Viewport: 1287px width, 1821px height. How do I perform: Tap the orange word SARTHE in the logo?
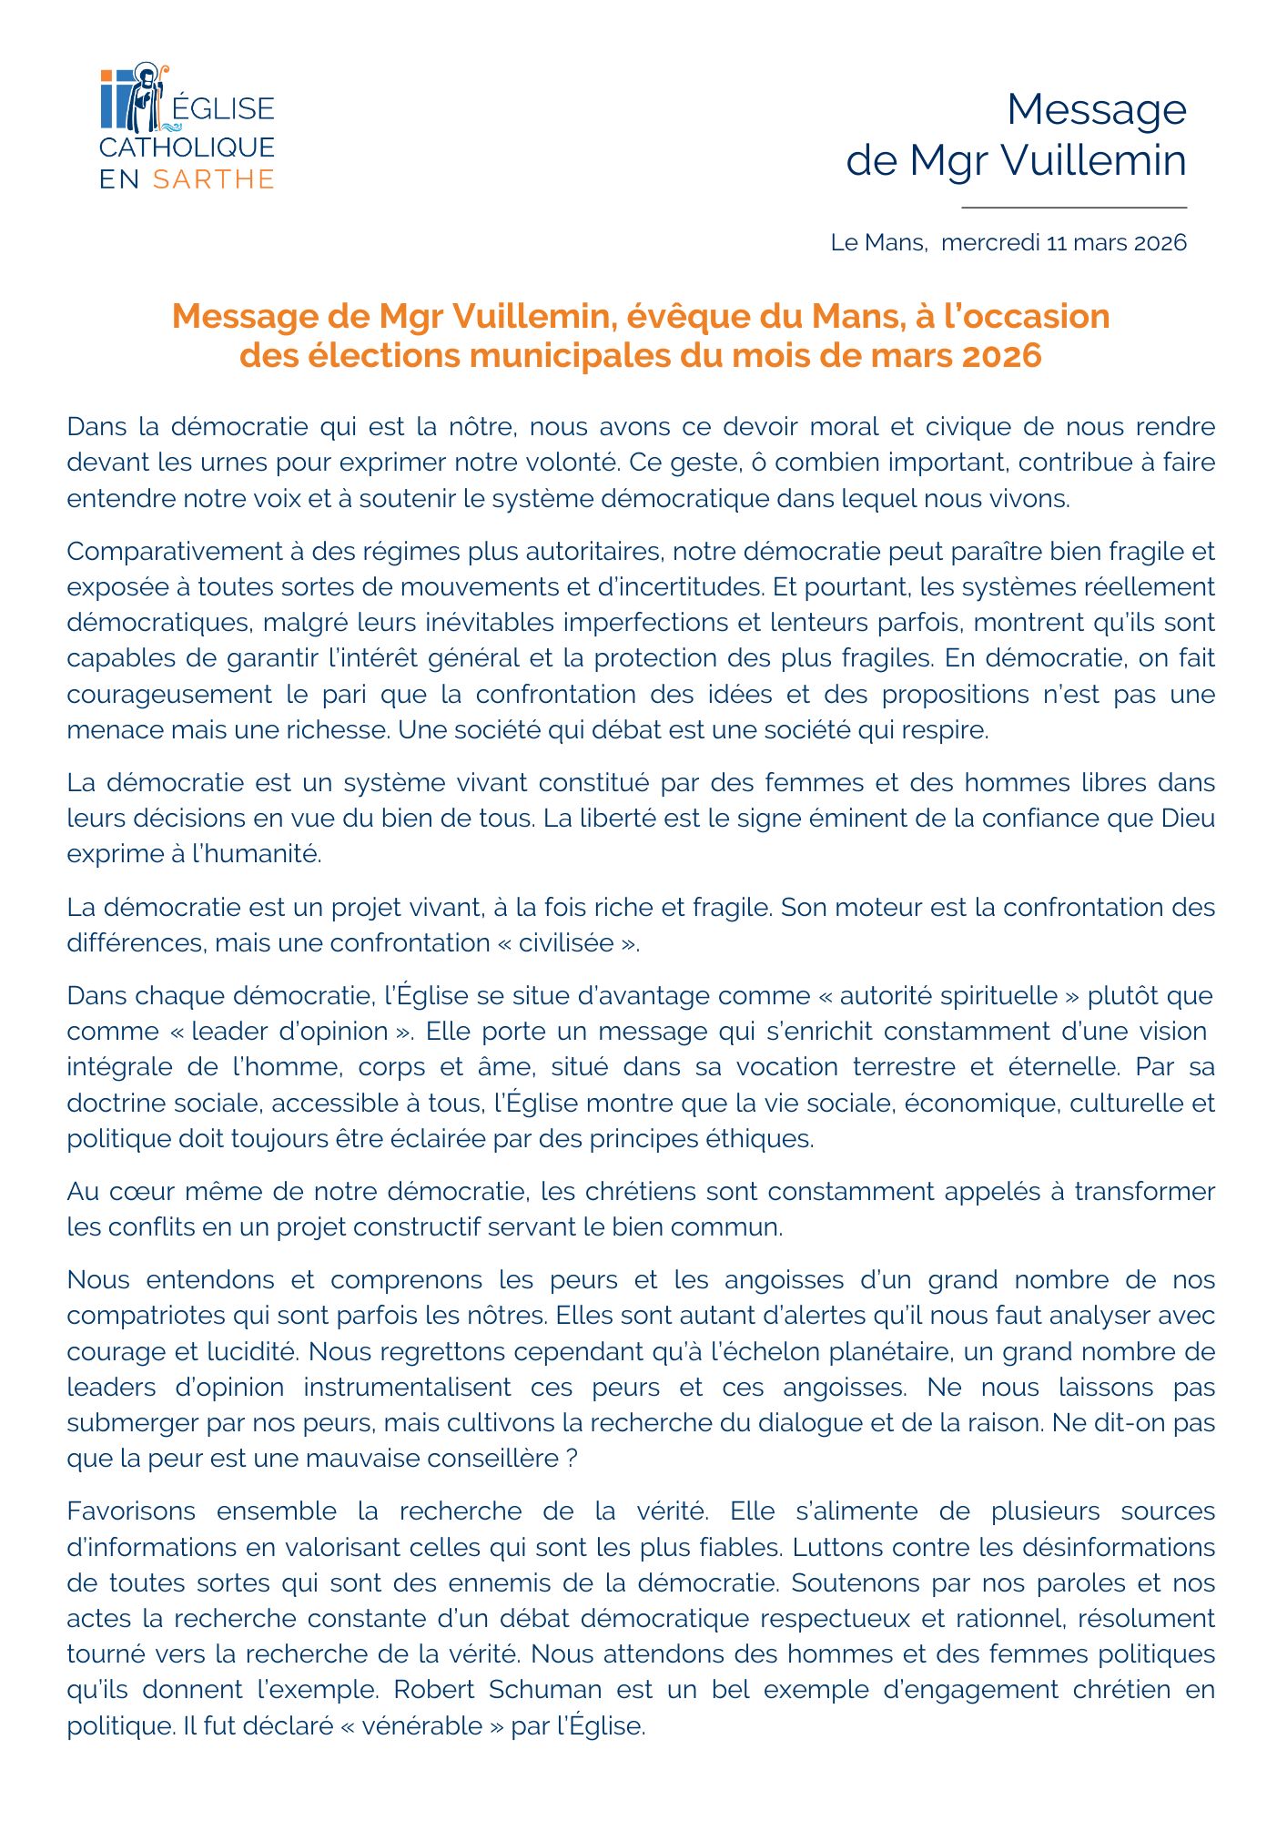(x=213, y=179)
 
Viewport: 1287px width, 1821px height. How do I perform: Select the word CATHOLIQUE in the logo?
(x=187, y=148)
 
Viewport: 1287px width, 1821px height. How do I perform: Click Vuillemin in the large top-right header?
(x=1094, y=160)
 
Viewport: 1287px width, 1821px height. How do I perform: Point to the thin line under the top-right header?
(x=1074, y=208)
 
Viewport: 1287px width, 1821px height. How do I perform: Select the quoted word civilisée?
(x=566, y=942)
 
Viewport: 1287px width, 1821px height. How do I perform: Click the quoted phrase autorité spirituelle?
(x=948, y=995)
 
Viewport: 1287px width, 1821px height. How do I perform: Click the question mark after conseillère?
(x=572, y=1459)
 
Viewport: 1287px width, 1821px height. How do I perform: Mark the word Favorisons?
(x=131, y=1511)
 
